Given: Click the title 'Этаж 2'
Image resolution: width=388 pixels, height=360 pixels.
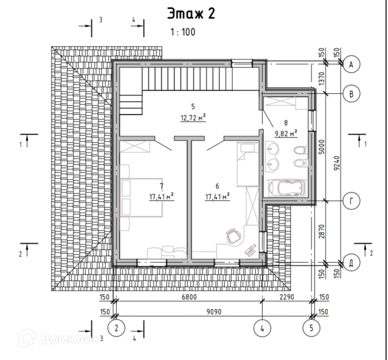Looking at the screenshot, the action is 191,14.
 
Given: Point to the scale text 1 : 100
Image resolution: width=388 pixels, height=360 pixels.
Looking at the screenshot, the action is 183,32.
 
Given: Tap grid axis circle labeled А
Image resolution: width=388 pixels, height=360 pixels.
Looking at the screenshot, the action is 351,65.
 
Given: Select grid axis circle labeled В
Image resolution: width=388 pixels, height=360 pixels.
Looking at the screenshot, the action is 351,94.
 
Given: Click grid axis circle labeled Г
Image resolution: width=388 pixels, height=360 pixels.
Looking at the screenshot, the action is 351,201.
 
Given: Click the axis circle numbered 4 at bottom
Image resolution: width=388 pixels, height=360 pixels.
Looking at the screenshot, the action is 262,328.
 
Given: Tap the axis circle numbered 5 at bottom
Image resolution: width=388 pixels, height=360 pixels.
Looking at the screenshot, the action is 311,328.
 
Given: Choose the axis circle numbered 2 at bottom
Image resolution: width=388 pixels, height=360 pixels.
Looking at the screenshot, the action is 116,328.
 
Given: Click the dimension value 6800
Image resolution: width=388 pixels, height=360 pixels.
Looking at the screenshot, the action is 189,296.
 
